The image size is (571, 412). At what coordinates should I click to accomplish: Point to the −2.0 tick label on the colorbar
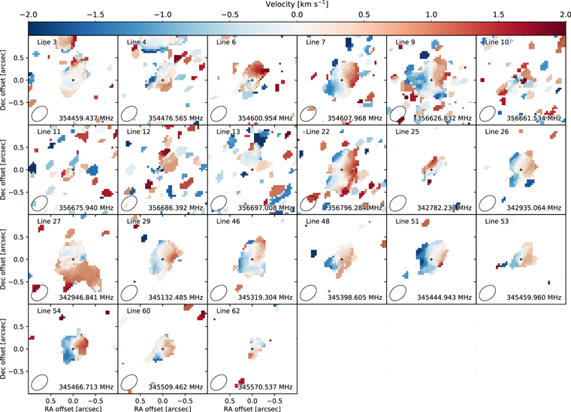(x=29, y=15)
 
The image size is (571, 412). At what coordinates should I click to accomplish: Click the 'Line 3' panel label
(x=47, y=42)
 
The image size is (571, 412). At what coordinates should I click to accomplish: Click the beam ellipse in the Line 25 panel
(x=398, y=203)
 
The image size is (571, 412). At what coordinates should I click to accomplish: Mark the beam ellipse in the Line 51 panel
(x=398, y=292)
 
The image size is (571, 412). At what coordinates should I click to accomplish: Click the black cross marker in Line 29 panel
(x=162, y=259)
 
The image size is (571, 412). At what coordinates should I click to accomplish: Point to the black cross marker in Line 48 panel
(x=341, y=259)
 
